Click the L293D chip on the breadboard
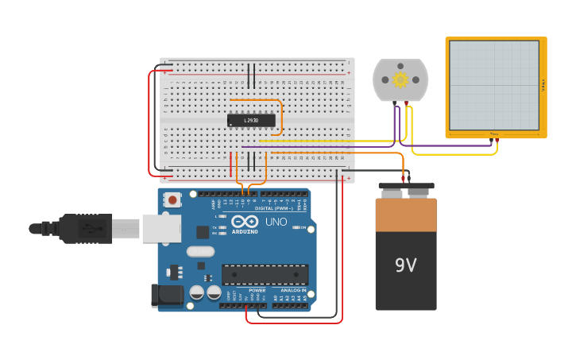(x=251, y=120)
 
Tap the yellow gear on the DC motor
(x=400, y=79)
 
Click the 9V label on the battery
(x=405, y=265)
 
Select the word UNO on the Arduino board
(x=276, y=222)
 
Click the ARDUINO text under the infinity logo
(x=245, y=231)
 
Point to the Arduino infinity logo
(x=245, y=221)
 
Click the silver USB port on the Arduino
(x=160, y=228)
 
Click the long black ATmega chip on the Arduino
(x=265, y=274)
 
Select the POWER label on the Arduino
(x=257, y=290)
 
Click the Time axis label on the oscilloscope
(x=494, y=134)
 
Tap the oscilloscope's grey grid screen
(x=494, y=85)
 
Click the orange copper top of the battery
(x=406, y=214)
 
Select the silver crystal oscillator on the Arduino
(x=200, y=252)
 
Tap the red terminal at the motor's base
(x=407, y=103)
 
